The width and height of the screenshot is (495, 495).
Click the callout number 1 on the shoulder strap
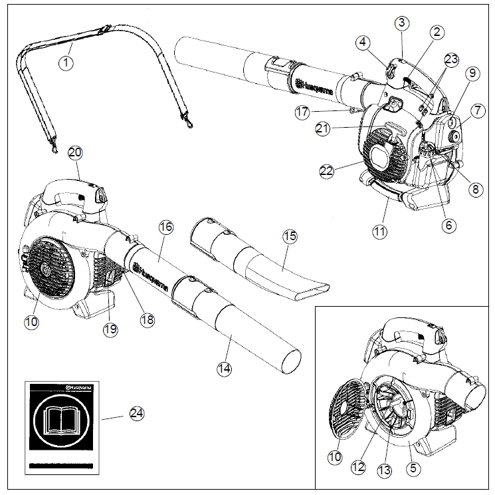point(65,63)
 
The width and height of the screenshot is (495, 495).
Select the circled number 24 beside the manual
point(136,413)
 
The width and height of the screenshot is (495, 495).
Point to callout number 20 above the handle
point(75,152)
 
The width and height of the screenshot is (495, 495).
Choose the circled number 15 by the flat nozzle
point(289,236)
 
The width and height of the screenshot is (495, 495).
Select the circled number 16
point(166,228)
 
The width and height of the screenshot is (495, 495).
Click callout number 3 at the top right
point(401,23)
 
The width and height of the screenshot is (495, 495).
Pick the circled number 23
point(451,59)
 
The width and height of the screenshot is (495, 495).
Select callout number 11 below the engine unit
point(379,232)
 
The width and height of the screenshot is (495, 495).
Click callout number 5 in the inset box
point(414,467)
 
